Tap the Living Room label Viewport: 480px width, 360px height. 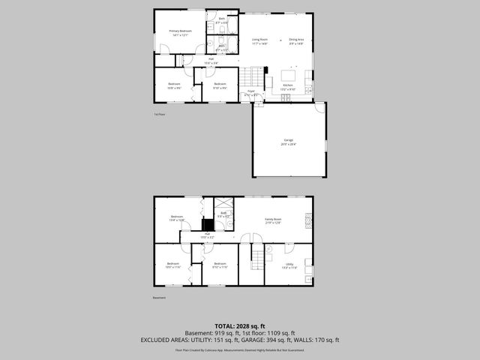pos(260,41)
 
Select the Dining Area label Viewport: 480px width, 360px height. pos(296,41)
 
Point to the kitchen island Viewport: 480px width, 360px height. pos(289,75)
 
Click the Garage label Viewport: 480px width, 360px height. pos(288,142)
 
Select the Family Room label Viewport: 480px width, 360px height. pos(272,220)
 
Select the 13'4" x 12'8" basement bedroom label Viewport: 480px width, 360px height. pos(176,219)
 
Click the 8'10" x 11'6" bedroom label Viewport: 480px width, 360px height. pos(220,265)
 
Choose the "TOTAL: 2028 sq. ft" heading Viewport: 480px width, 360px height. pos(239,326)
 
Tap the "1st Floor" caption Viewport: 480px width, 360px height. pos(159,115)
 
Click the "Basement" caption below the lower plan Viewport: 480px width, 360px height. pos(159,298)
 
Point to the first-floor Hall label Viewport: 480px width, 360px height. pos(211,61)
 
